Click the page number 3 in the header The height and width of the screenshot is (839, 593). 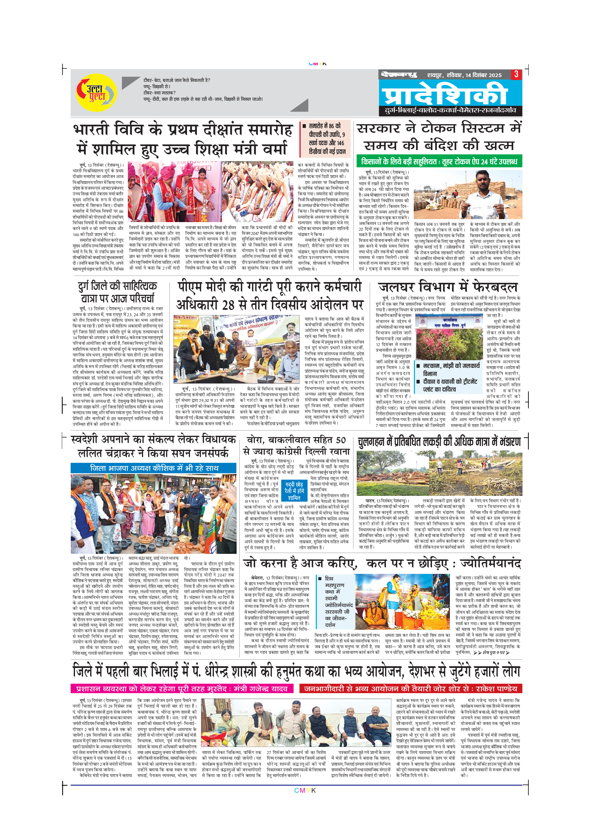(516, 74)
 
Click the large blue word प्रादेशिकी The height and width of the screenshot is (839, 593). (444, 94)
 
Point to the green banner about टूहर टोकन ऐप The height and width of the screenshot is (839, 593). (439, 161)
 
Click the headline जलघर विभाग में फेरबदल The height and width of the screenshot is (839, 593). (448, 287)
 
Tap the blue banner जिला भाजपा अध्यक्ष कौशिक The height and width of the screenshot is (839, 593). (153, 468)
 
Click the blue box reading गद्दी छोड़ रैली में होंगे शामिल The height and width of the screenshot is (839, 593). (294, 491)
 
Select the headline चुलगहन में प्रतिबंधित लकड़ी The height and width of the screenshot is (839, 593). (439, 442)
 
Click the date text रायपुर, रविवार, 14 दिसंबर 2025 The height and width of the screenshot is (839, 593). (465, 75)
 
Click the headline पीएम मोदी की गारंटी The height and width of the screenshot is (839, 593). (269, 295)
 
